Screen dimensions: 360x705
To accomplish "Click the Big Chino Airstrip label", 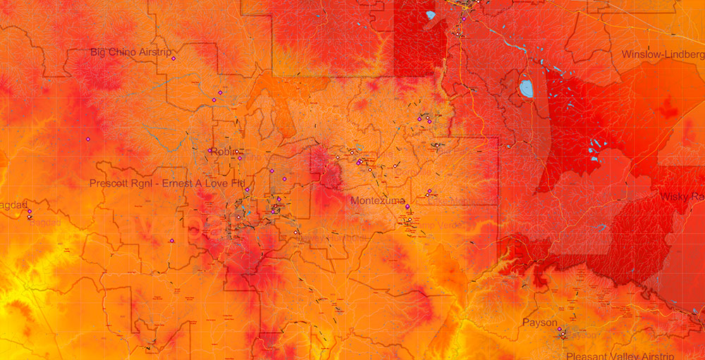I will [x=133, y=51].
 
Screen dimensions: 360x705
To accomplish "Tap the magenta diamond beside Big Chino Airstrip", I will [x=173, y=58].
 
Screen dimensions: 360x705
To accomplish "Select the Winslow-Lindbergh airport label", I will [x=663, y=54].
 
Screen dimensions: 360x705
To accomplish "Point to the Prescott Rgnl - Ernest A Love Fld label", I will [x=168, y=183].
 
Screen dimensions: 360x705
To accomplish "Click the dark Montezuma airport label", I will [x=376, y=200].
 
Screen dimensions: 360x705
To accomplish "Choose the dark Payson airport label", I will [x=539, y=322].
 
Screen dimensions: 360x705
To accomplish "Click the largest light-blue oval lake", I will [x=526, y=89].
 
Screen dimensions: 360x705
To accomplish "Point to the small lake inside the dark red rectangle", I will [x=431, y=14].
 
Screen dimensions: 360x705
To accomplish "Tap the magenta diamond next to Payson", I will [x=559, y=329].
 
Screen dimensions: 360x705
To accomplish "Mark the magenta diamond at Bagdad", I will [x=30, y=211].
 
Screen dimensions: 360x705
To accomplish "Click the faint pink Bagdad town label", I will [x=44, y=223].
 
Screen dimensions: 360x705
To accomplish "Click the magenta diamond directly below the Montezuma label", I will [x=407, y=206].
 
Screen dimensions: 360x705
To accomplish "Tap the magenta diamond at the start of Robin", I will [x=210, y=149].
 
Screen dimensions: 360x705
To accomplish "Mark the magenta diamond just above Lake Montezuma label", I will [x=429, y=191].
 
